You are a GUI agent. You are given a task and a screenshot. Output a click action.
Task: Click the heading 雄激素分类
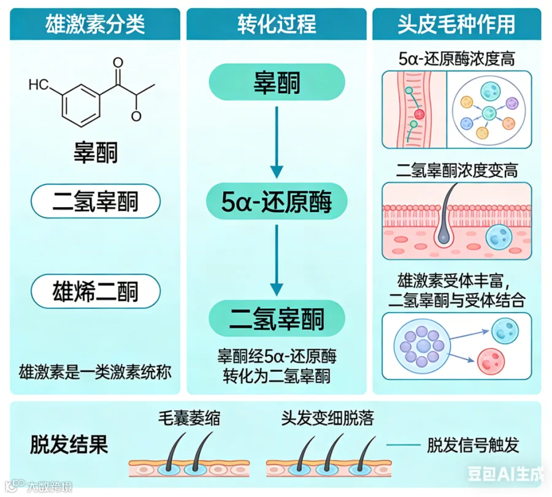[95, 25]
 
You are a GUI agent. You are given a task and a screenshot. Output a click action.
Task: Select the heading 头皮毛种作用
[456, 25]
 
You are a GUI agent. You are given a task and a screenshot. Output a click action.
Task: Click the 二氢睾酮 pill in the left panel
[95, 200]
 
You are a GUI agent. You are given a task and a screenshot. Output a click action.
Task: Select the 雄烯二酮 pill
[95, 290]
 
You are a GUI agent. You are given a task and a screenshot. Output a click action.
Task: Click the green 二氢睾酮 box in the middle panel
[277, 317]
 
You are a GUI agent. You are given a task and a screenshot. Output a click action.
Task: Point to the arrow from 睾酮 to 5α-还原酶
[277, 142]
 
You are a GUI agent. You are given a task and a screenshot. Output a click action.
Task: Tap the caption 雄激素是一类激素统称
[95, 371]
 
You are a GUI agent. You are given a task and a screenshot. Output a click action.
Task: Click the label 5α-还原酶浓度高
[456, 59]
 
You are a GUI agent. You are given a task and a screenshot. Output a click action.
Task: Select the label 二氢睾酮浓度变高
[456, 170]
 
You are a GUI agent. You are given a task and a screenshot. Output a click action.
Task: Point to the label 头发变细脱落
[327, 419]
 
